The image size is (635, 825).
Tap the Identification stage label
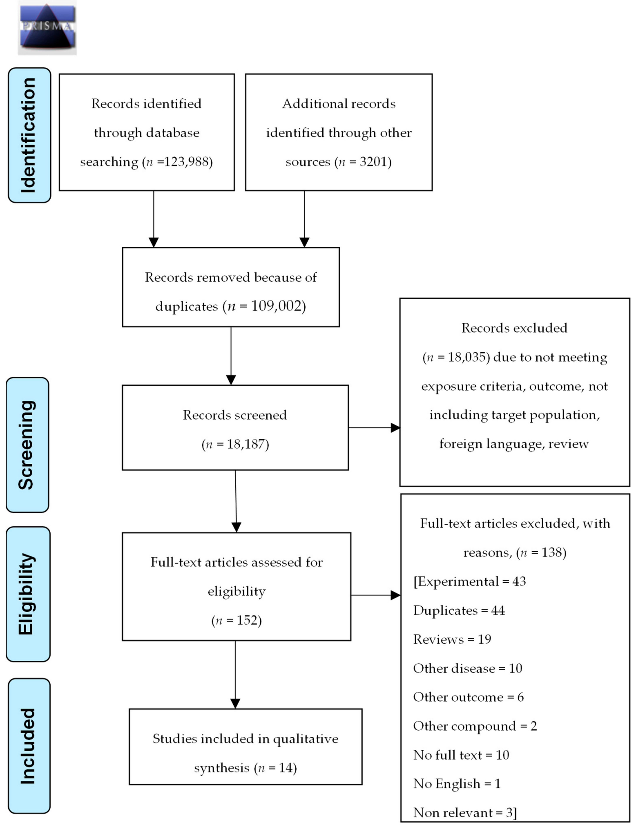click(29, 135)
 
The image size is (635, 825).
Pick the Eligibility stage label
click(28, 594)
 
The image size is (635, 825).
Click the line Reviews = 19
click(452, 639)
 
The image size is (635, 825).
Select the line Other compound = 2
click(475, 726)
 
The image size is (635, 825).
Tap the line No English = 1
click(457, 784)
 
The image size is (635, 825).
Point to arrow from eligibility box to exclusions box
click(375, 596)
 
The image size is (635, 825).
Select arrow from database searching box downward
click(153, 219)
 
